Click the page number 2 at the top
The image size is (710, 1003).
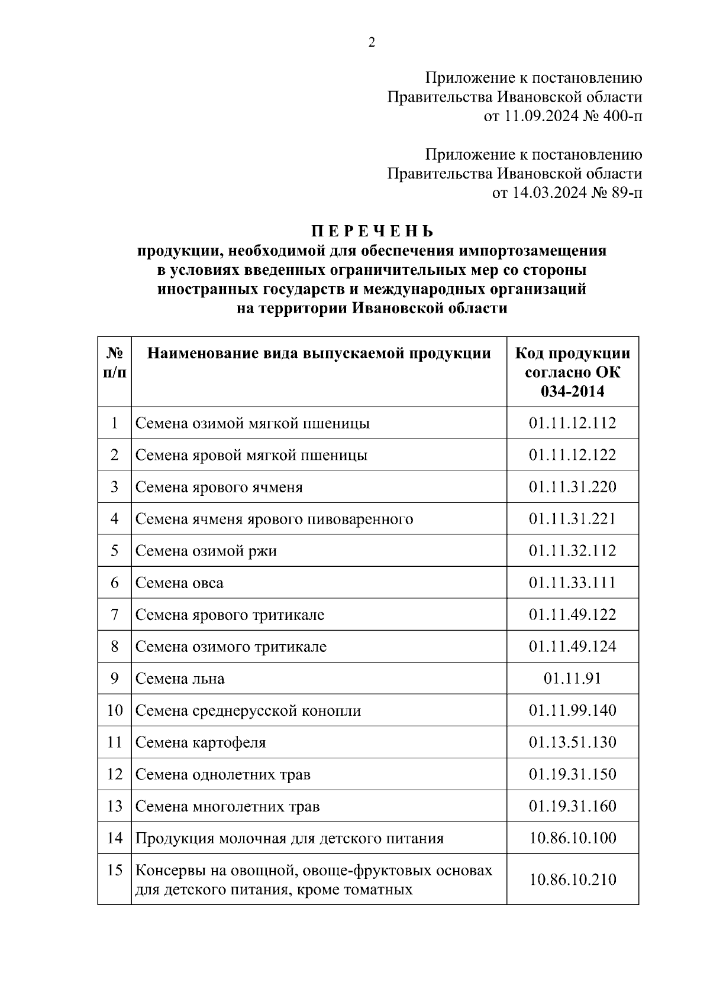click(x=372, y=43)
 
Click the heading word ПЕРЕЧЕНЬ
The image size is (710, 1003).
click(x=372, y=231)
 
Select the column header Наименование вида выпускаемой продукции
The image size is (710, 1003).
click(x=319, y=353)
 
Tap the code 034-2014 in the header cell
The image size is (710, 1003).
click(x=572, y=391)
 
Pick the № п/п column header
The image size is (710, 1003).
click(x=115, y=363)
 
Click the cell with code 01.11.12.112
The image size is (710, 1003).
click(x=572, y=423)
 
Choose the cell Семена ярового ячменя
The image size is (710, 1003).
click(x=219, y=487)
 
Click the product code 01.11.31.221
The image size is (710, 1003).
click(x=572, y=519)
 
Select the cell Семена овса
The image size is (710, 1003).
click(x=179, y=583)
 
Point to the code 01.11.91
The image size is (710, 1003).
click(x=572, y=679)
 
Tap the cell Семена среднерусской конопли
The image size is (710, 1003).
click(x=248, y=710)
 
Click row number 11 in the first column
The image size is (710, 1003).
click(x=115, y=742)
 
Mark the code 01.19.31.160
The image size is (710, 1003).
click(x=572, y=806)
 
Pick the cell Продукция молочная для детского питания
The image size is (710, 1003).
click(x=289, y=838)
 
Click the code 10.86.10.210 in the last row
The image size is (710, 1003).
click(x=572, y=879)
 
